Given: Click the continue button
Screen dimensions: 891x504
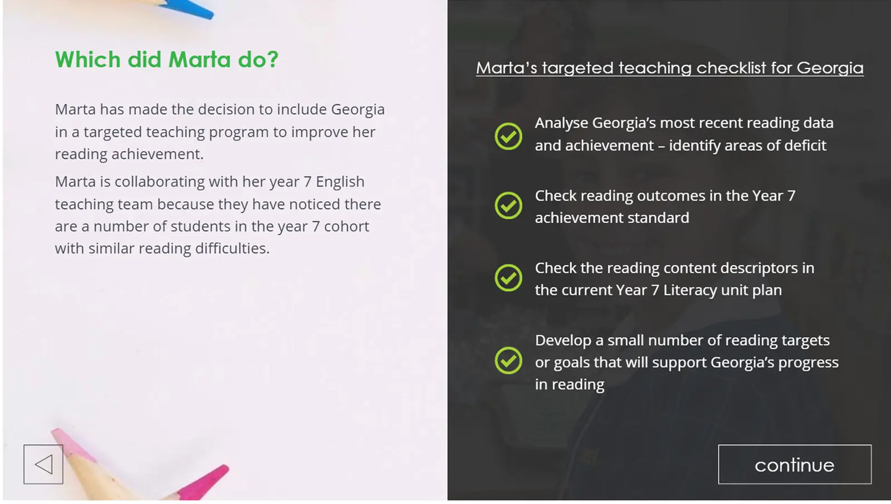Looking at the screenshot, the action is coord(795,464).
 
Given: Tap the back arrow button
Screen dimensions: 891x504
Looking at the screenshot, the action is coord(43,464).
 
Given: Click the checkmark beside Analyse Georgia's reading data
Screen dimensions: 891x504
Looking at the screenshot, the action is coord(508,136).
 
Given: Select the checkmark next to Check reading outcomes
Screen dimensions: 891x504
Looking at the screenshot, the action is coord(508,205).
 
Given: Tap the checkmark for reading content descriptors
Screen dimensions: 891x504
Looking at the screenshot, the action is coord(508,278).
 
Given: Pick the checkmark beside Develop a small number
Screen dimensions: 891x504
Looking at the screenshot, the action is coord(508,361).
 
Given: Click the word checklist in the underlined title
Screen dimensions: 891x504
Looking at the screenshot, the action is coord(731,67).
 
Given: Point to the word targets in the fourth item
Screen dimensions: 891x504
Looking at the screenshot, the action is coord(805,341).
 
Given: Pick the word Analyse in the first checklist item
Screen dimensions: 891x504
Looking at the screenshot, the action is coord(561,123).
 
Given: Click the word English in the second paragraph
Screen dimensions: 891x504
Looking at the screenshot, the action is coord(340,182).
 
